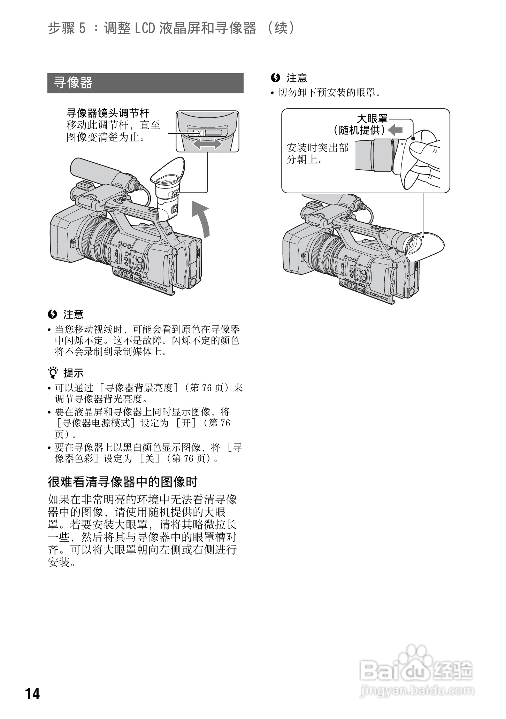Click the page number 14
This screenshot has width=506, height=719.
32,694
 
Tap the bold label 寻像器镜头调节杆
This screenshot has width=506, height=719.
108,113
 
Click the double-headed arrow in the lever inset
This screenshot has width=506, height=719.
207,144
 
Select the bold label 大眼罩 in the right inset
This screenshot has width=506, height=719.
372,119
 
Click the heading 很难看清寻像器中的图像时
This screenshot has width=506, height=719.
123,482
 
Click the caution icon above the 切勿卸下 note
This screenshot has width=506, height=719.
275,78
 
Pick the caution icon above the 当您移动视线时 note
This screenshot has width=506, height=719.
52,314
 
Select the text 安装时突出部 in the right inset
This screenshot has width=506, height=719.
317,148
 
